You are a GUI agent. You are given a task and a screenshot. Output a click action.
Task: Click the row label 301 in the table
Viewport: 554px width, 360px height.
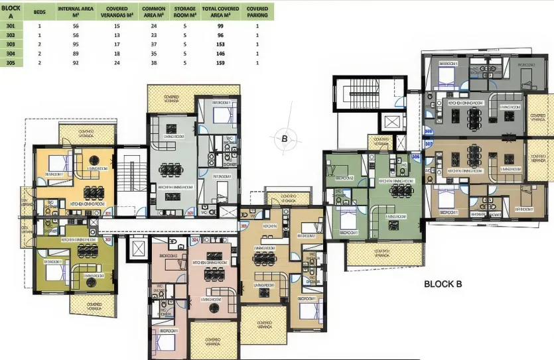click(10, 25)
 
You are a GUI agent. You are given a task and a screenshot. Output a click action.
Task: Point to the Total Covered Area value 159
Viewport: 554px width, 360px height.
click(220, 62)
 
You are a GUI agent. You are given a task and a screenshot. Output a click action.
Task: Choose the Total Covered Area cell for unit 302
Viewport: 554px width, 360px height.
click(220, 34)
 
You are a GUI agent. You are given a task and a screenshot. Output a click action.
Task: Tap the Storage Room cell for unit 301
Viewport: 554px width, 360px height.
click(184, 25)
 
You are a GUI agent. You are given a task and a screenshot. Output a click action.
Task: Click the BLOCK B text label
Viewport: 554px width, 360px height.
click(443, 284)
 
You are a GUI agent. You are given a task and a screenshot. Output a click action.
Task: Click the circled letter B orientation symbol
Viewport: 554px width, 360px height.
click(284, 139)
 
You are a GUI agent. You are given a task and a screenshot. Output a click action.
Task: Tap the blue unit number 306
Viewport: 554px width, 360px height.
click(415, 156)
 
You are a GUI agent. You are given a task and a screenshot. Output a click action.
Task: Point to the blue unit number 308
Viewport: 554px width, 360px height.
click(428, 131)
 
